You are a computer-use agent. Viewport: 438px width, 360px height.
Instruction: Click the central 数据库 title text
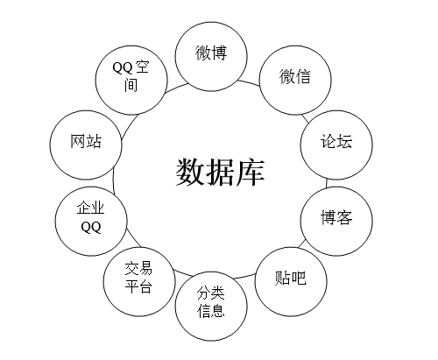click(x=220, y=173)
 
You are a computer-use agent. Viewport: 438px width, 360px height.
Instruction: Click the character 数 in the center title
click(x=190, y=173)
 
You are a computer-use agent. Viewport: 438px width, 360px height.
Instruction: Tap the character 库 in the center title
click(x=251, y=173)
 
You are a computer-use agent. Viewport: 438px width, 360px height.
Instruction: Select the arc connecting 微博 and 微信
click(x=249, y=82)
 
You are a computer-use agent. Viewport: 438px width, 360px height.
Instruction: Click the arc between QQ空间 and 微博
click(x=176, y=88)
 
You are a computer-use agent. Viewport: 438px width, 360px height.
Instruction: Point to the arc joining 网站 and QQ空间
click(x=129, y=125)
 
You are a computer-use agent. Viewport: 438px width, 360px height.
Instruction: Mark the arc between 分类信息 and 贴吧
click(x=244, y=277)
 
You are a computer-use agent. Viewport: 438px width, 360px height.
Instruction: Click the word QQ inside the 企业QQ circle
click(x=91, y=227)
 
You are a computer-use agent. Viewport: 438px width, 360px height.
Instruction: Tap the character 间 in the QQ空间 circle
click(x=131, y=85)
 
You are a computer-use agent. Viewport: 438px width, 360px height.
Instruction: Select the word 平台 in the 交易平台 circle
click(x=138, y=286)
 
